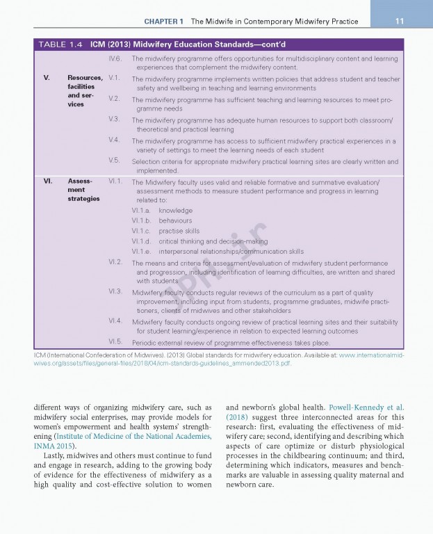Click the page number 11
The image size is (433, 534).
pos(399,21)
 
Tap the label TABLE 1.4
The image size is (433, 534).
pos(60,44)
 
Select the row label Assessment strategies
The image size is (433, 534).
pos(83,190)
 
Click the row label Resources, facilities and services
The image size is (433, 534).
pos(84,91)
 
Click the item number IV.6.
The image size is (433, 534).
pos(115,59)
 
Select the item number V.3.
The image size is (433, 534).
pos(115,120)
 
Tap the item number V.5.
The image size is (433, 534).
pos(115,161)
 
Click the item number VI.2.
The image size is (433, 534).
pos(116,262)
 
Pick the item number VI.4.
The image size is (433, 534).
pos(116,321)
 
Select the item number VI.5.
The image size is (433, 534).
pos(116,342)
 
